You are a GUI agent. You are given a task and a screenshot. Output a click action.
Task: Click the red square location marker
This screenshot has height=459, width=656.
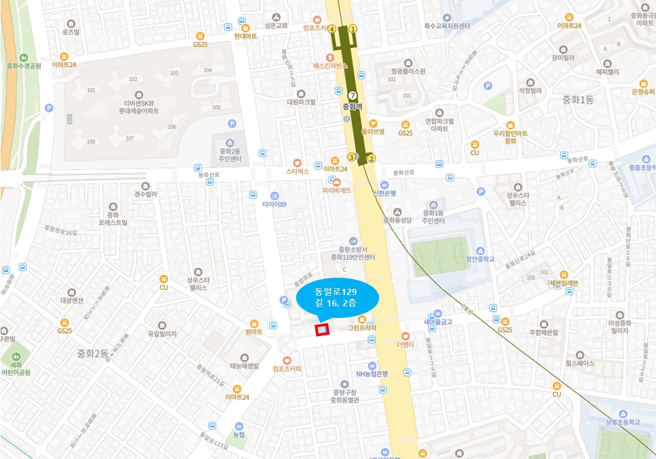(x=322, y=330)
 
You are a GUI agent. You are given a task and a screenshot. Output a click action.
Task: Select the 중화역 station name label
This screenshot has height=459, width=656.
(x=353, y=106)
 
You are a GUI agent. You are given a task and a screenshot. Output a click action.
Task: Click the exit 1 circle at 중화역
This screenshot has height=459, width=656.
(x=353, y=28)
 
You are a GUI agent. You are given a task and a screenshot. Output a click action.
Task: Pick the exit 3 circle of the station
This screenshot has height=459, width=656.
(x=351, y=157)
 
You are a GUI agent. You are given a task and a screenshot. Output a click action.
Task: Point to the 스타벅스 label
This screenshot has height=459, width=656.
(x=297, y=170)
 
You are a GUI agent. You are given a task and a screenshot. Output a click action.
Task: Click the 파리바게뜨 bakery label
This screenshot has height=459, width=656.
(x=336, y=190)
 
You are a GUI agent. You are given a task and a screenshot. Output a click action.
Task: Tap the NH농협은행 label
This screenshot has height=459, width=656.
(x=372, y=373)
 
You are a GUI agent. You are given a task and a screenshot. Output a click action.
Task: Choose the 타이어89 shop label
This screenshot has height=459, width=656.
(x=274, y=204)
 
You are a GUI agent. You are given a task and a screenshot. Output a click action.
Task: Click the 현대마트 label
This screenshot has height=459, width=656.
(x=246, y=36)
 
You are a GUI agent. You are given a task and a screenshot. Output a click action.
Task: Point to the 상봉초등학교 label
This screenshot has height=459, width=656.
(x=622, y=421)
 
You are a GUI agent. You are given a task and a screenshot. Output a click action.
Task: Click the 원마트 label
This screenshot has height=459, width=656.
(x=254, y=332)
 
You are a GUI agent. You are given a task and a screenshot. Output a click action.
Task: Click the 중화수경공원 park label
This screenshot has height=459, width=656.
(x=24, y=65)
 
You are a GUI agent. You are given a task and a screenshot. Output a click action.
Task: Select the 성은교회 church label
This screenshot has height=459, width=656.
(x=276, y=25)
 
